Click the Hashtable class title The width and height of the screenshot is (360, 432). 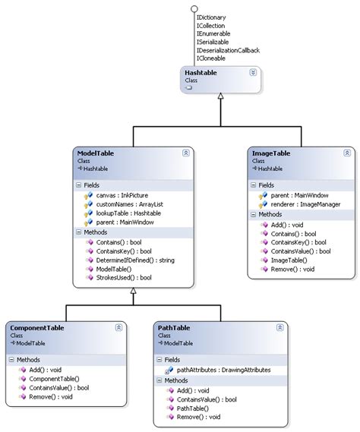[201, 72]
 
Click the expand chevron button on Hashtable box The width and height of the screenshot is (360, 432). [252, 73]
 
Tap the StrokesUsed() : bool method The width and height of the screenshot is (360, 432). [125, 278]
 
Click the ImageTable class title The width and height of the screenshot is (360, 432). [271, 153]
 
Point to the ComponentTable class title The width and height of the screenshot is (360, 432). [37, 327]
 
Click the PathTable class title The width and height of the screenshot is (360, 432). [174, 327]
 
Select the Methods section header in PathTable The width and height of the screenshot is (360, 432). [176, 380]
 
